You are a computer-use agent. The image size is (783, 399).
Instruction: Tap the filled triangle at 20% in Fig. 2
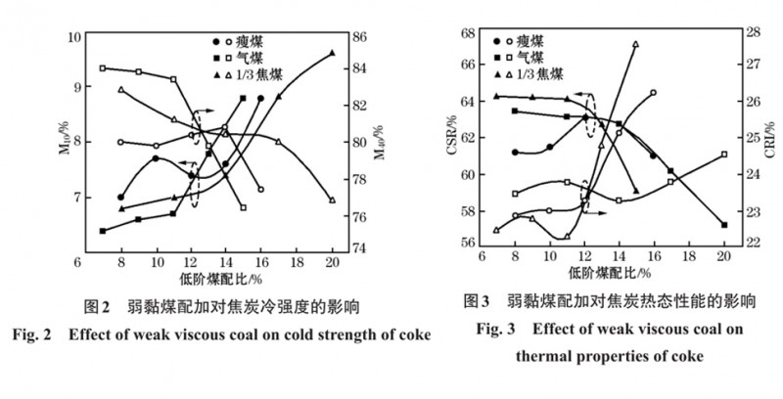(332, 53)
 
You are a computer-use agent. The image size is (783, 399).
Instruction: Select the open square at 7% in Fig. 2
(103, 68)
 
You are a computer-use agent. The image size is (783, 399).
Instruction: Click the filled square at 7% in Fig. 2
(103, 231)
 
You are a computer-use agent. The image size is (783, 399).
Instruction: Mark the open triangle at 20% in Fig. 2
(332, 199)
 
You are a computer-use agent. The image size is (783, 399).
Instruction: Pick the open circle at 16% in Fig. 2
(260, 189)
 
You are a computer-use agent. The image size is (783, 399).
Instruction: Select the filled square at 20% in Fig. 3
(724, 225)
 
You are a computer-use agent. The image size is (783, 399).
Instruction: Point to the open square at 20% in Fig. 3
(724, 155)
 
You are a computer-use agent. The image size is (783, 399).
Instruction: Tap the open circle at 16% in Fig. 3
(653, 93)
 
